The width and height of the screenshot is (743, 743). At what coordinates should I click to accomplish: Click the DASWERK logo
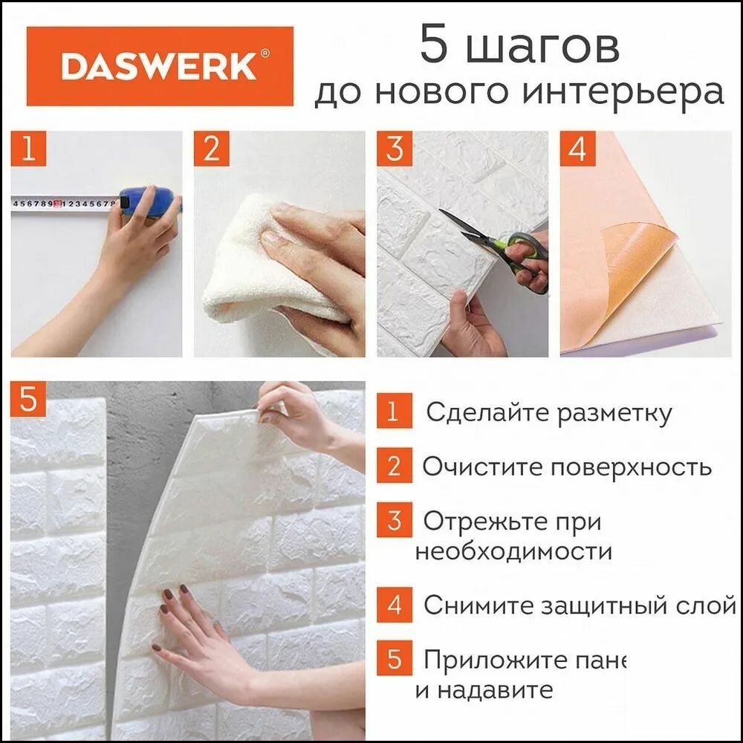[160, 66]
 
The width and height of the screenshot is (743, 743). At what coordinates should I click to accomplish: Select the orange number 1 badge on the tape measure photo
[28, 149]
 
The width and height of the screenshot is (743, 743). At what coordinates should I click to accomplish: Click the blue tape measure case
[149, 202]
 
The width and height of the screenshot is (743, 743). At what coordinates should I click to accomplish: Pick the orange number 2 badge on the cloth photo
[211, 149]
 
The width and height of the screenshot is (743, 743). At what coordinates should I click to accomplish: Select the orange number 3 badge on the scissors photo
[394, 149]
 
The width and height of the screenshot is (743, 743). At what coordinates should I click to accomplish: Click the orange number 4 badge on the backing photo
[577, 149]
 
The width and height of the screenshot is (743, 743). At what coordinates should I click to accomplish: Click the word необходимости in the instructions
[513, 552]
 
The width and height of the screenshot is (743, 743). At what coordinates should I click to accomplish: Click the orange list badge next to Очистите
[394, 467]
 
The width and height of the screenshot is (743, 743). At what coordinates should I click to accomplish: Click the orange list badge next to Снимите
[394, 605]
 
